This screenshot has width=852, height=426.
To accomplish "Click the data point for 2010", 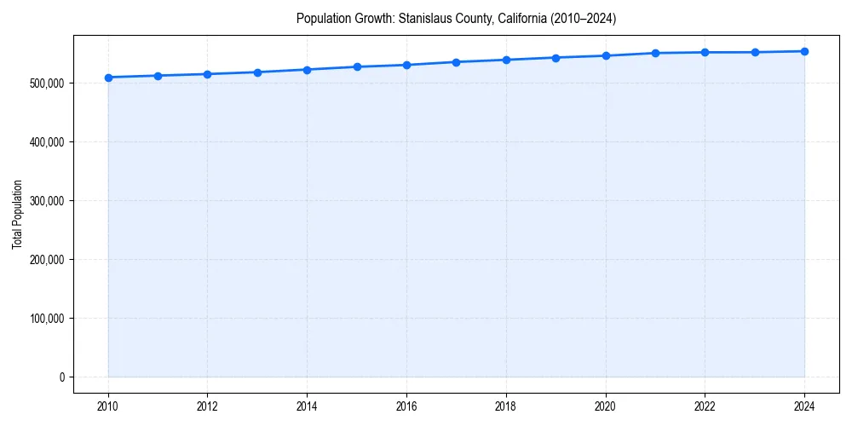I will pyautogui.click(x=108, y=78).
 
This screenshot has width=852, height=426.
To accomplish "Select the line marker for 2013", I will pyautogui.click(x=257, y=72).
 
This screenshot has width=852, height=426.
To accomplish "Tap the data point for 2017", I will pyautogui.click(x=456, y=62).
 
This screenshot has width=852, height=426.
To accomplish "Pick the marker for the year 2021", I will pyautogui.click(x=655, y=53).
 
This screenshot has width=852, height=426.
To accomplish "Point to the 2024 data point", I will pyautogui.click(x=804, y=51).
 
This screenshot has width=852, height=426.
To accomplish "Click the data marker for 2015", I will pyautogui.click(x=357, y=66).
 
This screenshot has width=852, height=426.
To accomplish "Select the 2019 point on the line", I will pyautogui.click(x=556, y=58).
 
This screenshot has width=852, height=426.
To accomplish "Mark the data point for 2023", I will pyautogui.click(x=755, y=52).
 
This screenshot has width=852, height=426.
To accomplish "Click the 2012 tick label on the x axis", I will pyautogui.click(x=208, y=406).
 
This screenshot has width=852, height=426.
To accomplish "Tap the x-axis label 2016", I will pyautogui.click(x=406, y=406).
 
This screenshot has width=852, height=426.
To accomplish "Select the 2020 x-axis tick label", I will pyautogui.click(x=606, y=406).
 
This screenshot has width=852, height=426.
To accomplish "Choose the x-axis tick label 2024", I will pyautogui.click(x=804, y=406).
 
